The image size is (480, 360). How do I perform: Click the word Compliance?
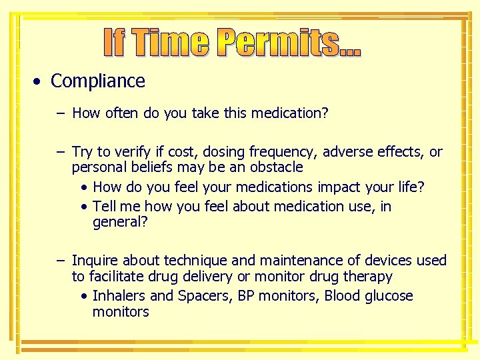[97, 81]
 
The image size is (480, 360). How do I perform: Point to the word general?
[120, 223]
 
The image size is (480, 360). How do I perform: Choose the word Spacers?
[203, 296]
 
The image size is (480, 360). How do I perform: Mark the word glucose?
[389, 296]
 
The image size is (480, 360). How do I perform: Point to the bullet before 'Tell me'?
[85, 207]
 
